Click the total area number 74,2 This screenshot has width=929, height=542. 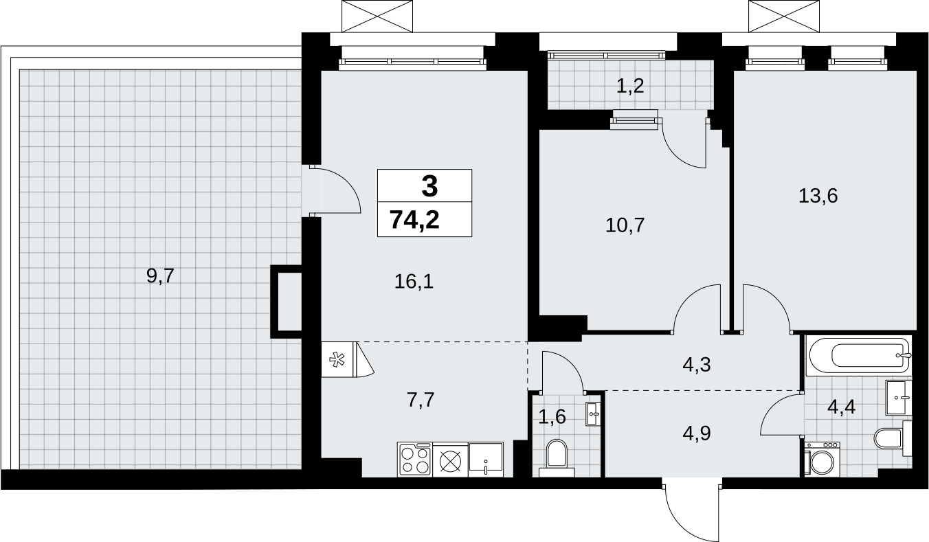414,220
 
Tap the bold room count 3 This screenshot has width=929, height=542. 429,187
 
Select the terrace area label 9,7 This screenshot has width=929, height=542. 161,275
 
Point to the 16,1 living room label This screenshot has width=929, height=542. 414,282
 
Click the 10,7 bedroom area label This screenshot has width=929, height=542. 625,225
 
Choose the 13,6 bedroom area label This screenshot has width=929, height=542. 818,196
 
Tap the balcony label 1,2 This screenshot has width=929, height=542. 630,87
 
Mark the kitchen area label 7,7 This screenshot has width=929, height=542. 421,400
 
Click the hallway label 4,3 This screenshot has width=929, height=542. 697,365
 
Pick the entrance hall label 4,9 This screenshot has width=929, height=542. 697,433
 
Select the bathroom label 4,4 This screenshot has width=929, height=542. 842,408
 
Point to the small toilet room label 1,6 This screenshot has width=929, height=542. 552,417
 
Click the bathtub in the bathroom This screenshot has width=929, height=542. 858,355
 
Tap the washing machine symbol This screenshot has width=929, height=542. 822,460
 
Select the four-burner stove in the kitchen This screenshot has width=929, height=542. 415,460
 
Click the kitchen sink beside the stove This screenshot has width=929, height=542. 486,460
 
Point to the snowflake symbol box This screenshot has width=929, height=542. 337,359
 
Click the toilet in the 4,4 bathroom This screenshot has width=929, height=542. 893,438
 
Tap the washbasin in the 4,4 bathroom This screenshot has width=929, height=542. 899,398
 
